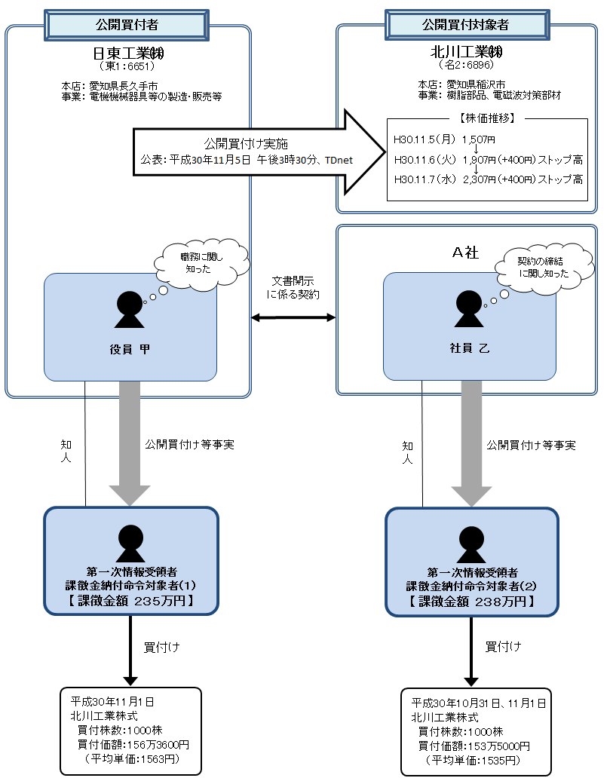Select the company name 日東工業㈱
(x=127, y=54)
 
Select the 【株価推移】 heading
(x=486, y=119)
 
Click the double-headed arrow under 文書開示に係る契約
(x=293, y=319)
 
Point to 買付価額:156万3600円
(x=133, y=744)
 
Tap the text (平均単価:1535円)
(x=474, y=759)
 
